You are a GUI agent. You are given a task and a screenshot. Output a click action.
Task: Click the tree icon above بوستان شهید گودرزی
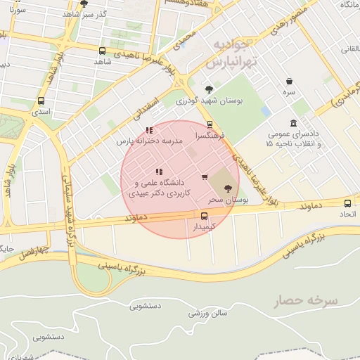pos(209,89)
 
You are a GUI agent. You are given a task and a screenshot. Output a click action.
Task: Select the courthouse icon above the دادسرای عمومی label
pos(293,123)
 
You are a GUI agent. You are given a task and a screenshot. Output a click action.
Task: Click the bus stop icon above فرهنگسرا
pos(210,124)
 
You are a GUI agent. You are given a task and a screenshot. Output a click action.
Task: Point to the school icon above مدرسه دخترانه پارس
pos(149,131)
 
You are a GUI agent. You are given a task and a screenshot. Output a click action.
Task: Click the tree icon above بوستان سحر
pos(227,188)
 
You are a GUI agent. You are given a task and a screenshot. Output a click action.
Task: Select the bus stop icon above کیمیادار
pos(205,216)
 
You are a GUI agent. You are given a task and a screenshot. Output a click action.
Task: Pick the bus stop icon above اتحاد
pos(347,202)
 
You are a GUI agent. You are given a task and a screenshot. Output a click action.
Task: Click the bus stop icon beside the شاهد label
pos(103,51)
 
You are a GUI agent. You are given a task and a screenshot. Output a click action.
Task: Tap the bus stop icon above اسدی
pos(41,101)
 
